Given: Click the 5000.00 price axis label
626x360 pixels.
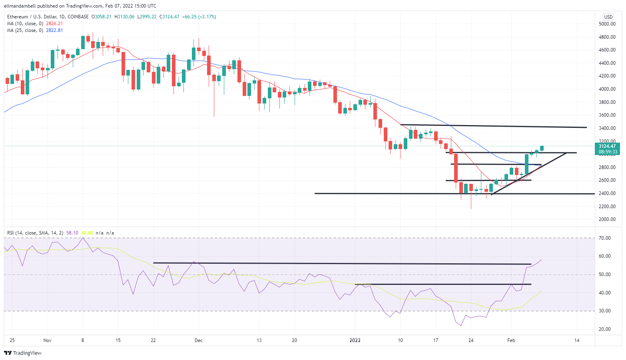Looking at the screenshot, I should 607,24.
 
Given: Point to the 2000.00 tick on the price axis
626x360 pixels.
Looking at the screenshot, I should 607,219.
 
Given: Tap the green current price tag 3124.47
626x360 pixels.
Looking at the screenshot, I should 607,146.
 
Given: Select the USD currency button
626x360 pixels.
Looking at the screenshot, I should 608,17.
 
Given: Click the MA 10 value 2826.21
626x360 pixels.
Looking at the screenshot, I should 54,24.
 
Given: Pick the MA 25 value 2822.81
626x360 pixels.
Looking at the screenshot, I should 54,30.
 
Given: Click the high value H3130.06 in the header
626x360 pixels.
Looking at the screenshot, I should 124,17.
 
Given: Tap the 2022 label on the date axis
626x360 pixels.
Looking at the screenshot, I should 355,340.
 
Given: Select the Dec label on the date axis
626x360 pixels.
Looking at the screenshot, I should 198,340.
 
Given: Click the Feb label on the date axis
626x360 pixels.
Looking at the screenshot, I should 511,340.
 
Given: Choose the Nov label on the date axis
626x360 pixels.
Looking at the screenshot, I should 47,340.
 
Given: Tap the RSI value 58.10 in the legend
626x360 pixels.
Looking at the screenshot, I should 72,233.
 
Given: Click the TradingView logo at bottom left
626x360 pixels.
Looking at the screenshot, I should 23,353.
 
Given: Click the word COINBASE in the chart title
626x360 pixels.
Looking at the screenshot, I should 78,17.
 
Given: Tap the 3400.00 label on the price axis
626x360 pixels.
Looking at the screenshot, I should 607,128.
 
